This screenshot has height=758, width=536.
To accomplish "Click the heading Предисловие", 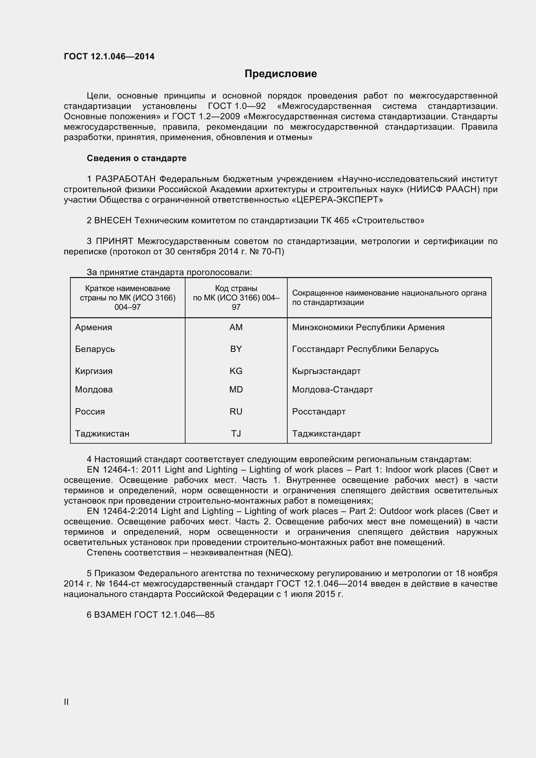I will coord(280,74).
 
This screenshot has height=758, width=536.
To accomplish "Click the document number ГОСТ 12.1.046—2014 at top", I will coord(109,56).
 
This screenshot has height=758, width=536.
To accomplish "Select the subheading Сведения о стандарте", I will coord(137,158).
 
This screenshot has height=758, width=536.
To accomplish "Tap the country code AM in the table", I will coord(236,327).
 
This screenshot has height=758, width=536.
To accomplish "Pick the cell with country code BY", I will coord(236,349).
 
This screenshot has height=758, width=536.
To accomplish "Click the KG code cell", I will coord(236,371).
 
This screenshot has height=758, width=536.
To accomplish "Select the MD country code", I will coord(236,389).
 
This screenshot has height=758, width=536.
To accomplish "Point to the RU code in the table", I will coord(236,411).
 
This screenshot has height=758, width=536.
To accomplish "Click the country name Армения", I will coord(93,327).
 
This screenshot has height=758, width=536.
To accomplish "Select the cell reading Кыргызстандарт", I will coord(326,371).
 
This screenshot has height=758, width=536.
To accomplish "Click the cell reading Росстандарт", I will coord(319,411).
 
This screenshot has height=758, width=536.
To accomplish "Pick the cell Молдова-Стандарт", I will coord(332,389).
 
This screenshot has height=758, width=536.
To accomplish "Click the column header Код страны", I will coord(236,288).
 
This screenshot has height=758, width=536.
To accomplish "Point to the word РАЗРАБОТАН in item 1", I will coord(125,179).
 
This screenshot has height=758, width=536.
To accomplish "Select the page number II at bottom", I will coord(66,702).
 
